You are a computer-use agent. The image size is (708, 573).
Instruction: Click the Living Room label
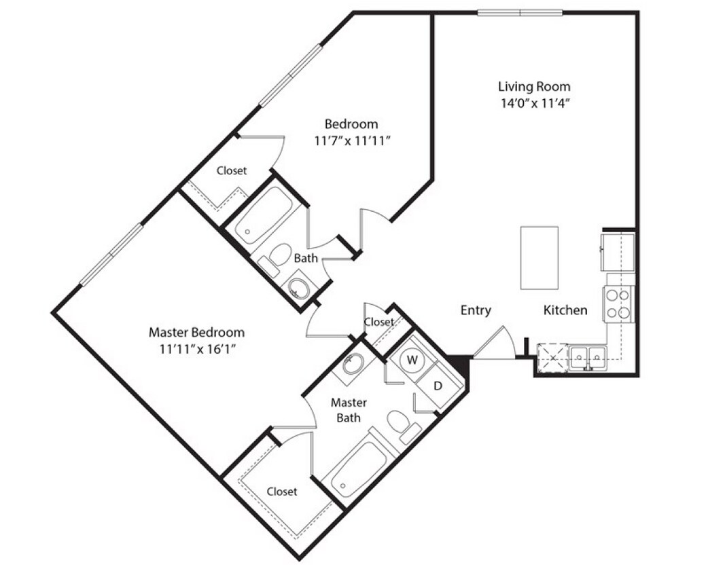[x=534, y=86]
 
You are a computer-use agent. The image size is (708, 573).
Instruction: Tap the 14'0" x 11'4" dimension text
[x=534, y=103]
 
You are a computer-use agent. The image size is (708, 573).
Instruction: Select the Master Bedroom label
[x=196, y=333]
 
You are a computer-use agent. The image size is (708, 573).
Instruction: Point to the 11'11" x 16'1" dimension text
[x=196, y=349]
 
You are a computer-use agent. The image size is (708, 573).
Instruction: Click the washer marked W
[x=411, y=361]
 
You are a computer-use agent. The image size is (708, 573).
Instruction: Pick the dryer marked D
[x=438, y=386]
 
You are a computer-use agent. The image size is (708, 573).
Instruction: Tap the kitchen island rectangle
[x=539, y=257]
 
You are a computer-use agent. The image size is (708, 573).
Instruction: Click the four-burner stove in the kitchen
[x=618, y=303]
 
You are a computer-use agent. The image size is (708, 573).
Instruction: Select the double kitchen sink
[x=588, y=356]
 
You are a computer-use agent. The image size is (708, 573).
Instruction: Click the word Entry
[x=476, y=310]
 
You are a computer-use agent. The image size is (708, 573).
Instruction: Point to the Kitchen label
[x=565, y=310]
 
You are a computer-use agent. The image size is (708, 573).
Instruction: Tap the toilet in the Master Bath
[x=400, y=424]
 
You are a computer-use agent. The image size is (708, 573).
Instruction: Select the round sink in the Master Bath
[x=353, y=365]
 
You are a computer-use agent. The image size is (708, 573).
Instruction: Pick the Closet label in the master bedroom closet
[x=281, y=491]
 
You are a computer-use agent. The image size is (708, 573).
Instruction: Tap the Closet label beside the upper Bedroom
[x=232, y=170]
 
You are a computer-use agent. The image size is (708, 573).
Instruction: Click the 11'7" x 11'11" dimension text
[x=351, y=141]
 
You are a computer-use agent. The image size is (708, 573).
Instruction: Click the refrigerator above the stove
[x=618, y=251]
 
